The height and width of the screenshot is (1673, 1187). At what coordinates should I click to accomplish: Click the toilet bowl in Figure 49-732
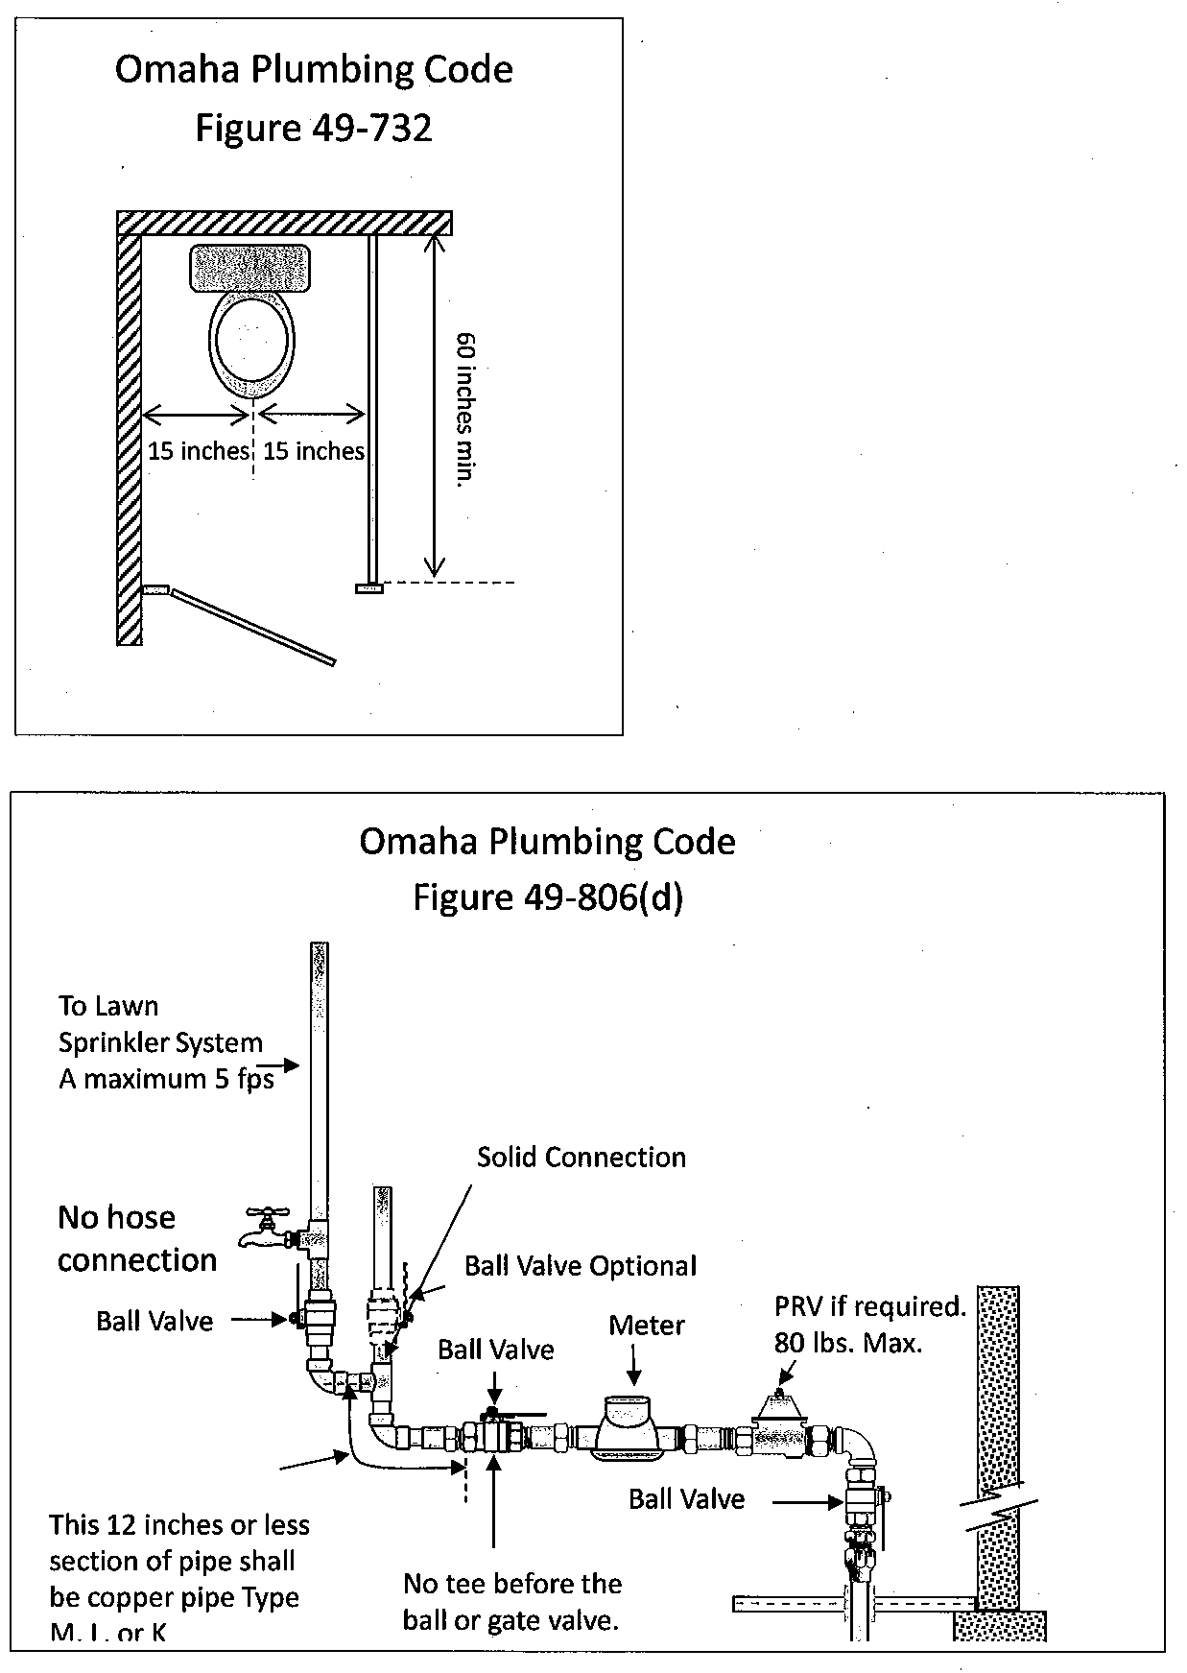252,343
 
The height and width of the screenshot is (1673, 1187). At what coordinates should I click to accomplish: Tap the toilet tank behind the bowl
251,268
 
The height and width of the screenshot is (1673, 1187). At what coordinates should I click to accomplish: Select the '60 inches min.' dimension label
465,410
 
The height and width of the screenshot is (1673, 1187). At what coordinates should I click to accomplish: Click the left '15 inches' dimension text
198,451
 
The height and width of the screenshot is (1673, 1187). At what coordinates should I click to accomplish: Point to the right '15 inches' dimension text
314,451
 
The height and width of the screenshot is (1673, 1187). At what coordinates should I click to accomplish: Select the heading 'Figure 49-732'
314,128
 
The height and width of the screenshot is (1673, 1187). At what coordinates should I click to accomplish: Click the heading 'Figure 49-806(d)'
547,897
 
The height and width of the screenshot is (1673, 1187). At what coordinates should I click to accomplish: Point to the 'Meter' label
647,1326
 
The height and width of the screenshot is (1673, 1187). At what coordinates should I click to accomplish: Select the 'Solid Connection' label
582,1158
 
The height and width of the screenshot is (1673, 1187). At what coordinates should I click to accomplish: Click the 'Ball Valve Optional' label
581,1266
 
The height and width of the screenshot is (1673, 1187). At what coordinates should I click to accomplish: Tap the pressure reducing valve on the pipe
781,1428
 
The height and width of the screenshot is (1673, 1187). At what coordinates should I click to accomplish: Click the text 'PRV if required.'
869,1306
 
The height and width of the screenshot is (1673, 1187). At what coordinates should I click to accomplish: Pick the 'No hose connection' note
136,1239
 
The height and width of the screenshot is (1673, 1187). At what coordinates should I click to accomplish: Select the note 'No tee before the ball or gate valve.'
512,1602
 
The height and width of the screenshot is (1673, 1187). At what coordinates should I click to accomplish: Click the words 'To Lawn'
108,1006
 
